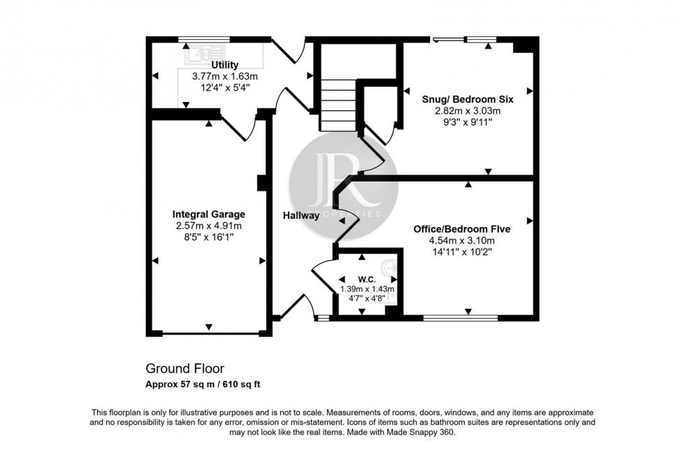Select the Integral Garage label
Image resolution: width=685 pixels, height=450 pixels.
coord(208,215)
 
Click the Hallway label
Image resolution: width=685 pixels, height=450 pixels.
coord(301,216)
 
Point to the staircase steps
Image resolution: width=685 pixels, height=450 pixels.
coord(338,105)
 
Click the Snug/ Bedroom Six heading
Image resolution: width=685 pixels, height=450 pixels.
coord(468,99)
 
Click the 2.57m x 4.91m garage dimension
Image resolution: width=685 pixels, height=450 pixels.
coord(208,226)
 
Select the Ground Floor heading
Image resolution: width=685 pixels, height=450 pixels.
coord(185,368)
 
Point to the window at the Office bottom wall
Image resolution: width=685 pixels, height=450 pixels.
coord(461,318)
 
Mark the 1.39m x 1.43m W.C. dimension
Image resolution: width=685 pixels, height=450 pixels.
coord(367,289)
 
